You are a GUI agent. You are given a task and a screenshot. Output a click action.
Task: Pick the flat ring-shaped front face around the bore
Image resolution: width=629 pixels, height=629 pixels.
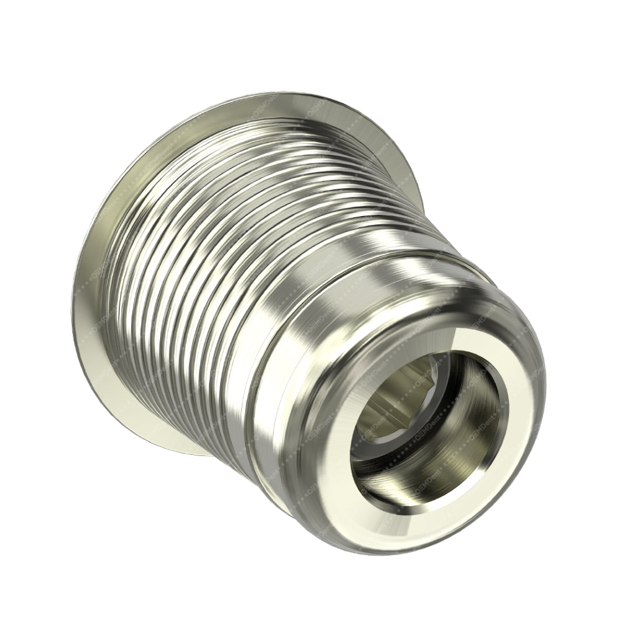tap(513, 443)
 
